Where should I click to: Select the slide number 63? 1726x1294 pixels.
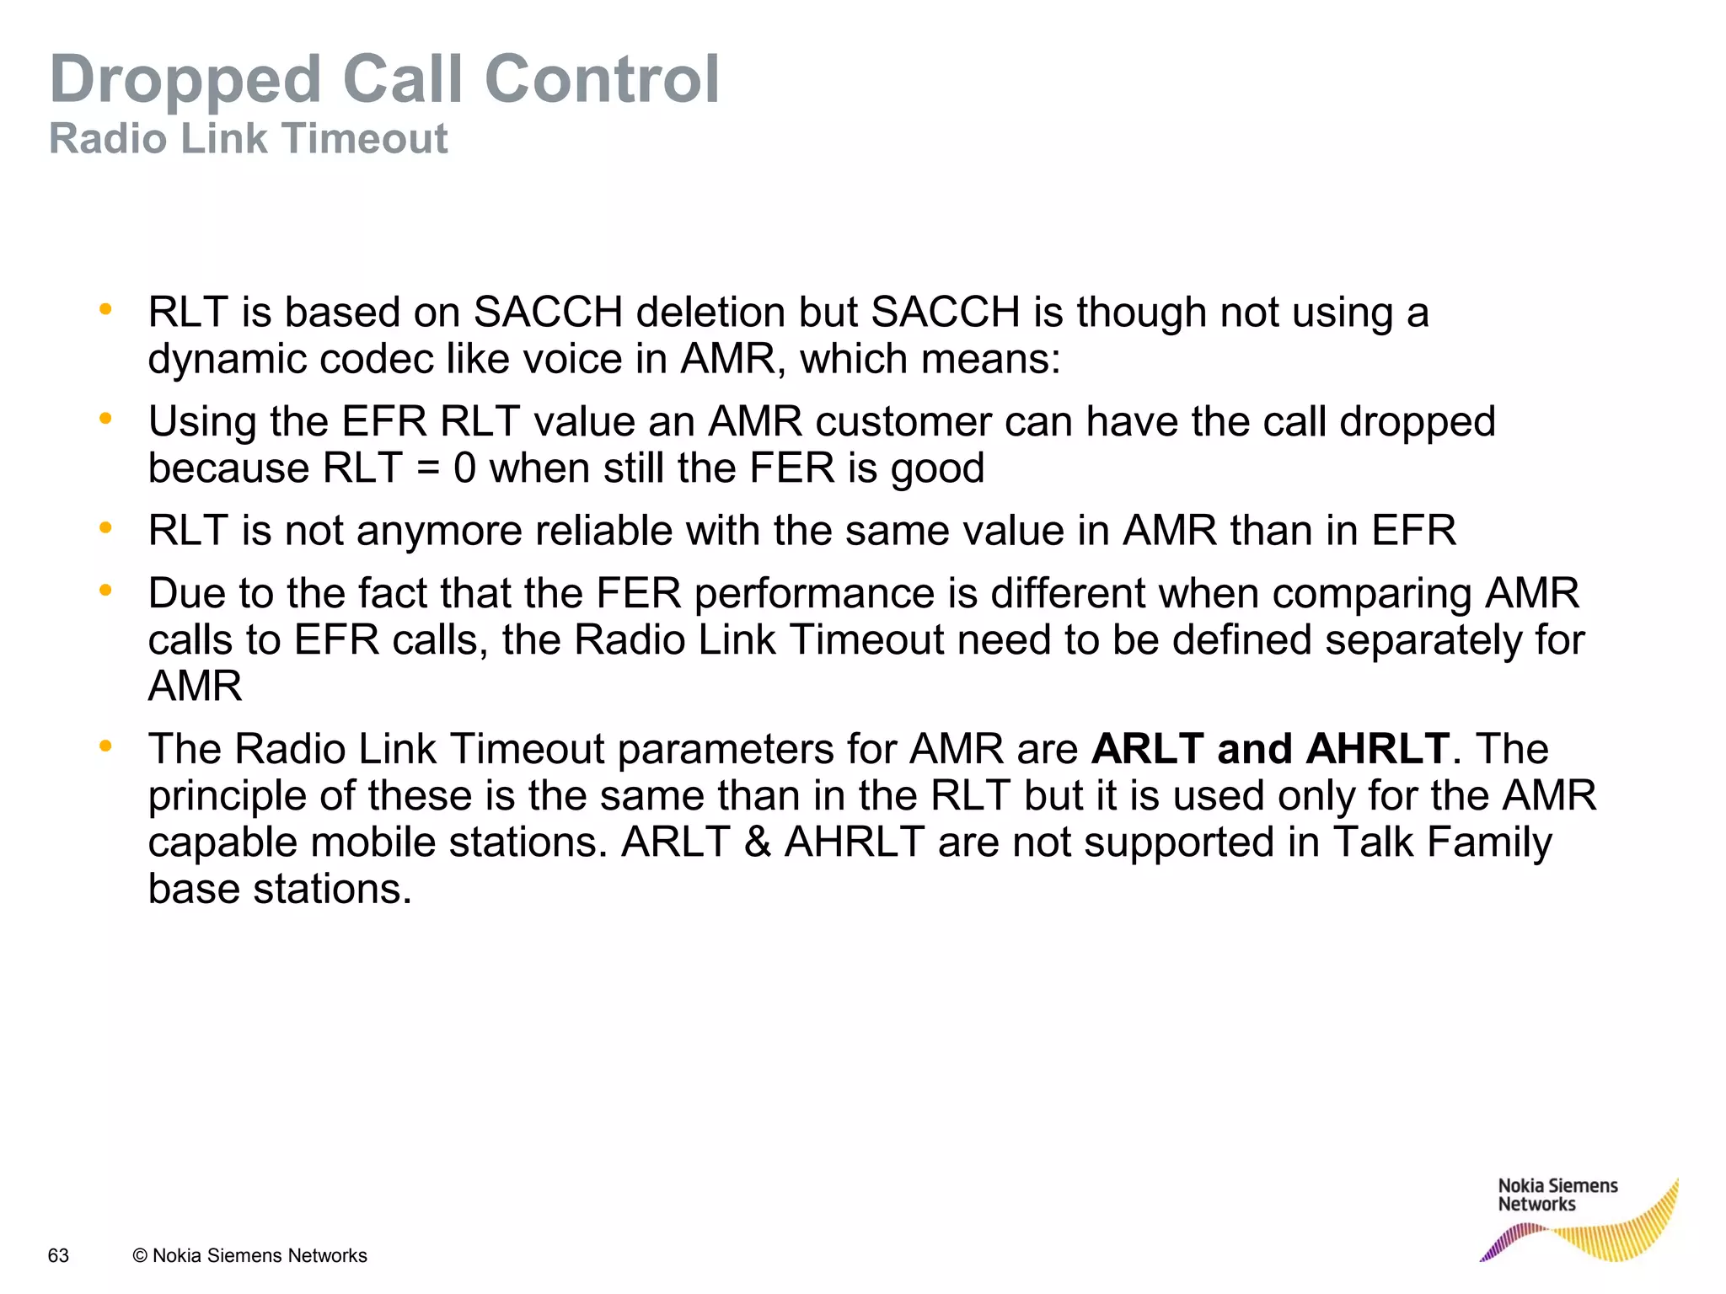click(58, 1255)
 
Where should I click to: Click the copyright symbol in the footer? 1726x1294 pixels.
click(140, 1255)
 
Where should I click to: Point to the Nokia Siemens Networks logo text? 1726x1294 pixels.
click(1557, 1195)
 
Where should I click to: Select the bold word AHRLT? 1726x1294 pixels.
click(1377, 748)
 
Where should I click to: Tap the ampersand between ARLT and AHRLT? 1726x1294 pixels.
click(758, 842)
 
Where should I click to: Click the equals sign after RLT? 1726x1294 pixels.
click(428, 468)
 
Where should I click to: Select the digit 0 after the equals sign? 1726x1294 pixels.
click(464, 468)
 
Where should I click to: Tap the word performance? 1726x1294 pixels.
click(814, 594)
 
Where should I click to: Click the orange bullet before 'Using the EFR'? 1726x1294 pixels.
click(105, 419)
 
